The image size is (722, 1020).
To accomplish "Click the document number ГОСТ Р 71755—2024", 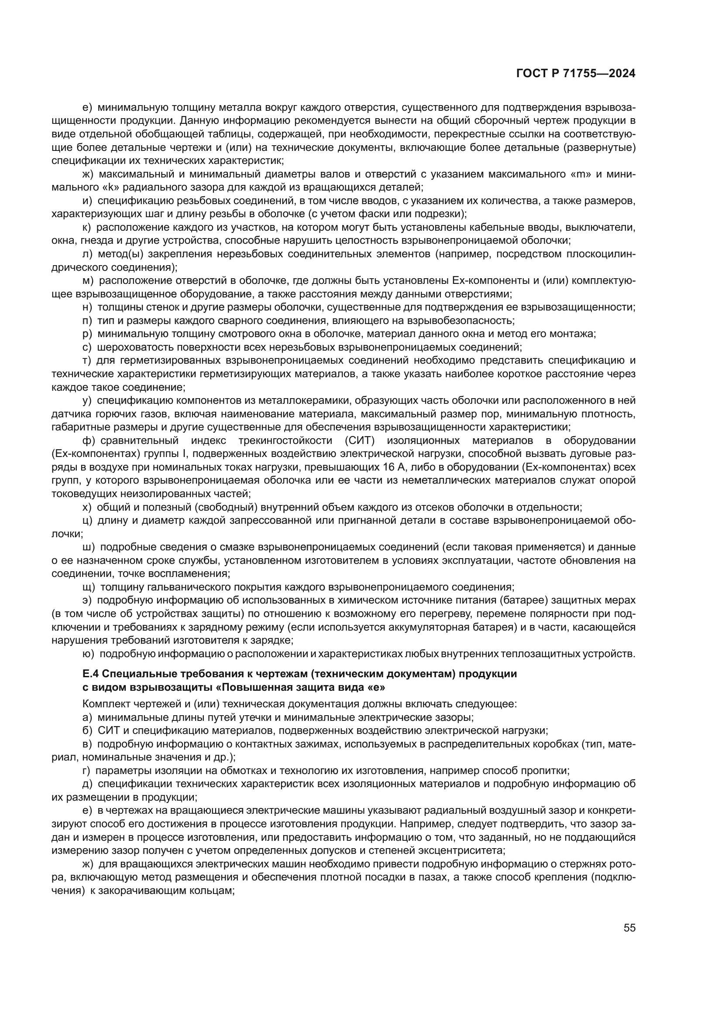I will coord(576,74).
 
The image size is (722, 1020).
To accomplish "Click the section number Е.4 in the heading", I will coord(92,674).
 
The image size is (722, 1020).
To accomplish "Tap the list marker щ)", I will coord(89,587).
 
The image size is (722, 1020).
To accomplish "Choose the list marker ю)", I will coord(89,654).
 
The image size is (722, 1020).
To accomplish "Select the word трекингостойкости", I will coord(286,440).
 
